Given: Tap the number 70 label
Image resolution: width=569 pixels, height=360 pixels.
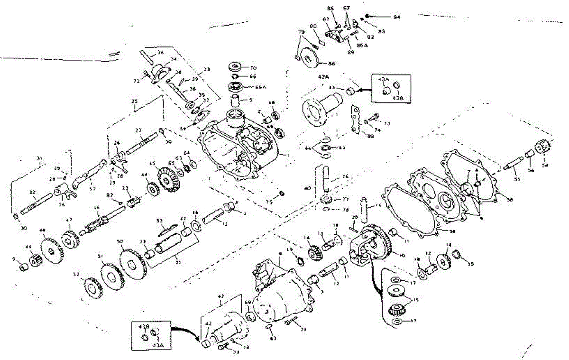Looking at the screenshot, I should point(253,67).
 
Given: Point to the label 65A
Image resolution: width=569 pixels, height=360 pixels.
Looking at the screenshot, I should point(259,87).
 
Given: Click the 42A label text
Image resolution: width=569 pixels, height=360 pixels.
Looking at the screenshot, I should point(324,76).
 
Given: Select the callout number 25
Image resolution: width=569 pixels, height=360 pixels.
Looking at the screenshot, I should point(134,102).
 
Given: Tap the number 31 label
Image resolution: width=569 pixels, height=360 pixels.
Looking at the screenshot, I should point(39,158).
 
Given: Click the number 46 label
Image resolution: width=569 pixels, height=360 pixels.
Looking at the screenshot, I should point(97,208).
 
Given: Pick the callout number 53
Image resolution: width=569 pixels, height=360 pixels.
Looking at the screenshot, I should point(159,221).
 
